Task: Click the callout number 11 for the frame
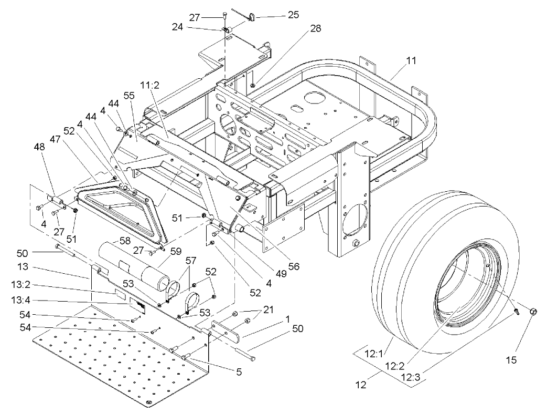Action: [411, 61]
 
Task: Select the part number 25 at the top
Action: [293, 15]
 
